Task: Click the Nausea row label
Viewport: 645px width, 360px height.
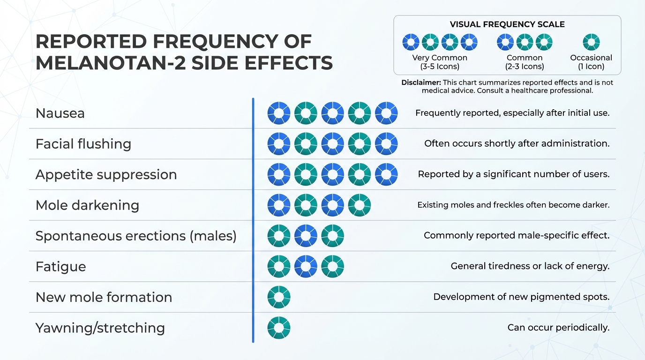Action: pos(60,113)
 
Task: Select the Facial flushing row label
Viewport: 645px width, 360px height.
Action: pos(83,144)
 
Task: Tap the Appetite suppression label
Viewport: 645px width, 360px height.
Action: pos(106,174)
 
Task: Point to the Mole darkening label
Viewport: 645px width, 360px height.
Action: pos(87,205)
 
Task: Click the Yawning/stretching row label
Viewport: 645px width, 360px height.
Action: pos(100,328)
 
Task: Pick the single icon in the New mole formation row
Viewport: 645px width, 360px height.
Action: pos(279,297)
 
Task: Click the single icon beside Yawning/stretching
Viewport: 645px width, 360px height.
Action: pos(279,328)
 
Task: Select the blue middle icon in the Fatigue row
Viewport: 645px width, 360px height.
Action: pos(306,266)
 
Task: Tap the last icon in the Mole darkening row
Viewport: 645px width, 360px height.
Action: pos(360,205)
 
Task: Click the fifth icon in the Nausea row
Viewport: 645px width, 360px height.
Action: pos(386,113)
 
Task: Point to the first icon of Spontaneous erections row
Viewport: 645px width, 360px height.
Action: pos(279,236)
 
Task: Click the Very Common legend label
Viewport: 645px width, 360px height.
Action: pos(440,62)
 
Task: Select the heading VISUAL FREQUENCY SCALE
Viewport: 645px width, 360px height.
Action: pos(507,24)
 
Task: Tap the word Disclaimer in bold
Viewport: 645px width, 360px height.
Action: pos(421,82)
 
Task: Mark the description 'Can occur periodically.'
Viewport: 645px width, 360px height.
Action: pos(558,328)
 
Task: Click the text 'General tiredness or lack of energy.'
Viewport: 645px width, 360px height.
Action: pos(530,266)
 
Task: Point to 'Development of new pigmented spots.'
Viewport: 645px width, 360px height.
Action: pos(521,297)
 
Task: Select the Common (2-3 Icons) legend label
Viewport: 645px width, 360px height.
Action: pos(525,62)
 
